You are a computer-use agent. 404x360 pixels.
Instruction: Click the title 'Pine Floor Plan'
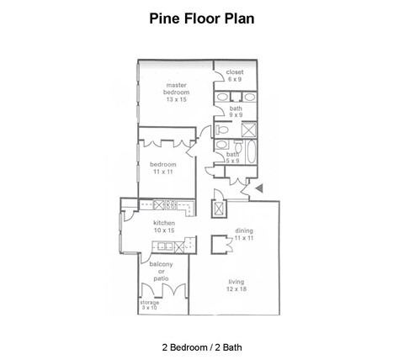click(201, 18)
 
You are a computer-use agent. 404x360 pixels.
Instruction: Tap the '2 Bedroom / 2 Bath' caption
click(201, 345)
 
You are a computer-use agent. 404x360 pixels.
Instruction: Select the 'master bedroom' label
click(176, 90)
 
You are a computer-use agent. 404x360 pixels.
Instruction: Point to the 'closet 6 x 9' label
click(235, 75)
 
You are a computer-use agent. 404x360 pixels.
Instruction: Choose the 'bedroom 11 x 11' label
click(164, 167)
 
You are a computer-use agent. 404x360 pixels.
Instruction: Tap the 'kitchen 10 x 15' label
click(164, 226)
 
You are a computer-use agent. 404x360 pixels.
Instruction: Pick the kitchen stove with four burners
click(164, 204)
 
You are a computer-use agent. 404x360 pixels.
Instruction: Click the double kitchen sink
click(164, 246)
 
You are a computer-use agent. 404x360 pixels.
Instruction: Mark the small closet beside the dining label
click(221, 244)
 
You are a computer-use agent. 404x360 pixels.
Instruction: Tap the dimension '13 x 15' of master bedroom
click(176, 100)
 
